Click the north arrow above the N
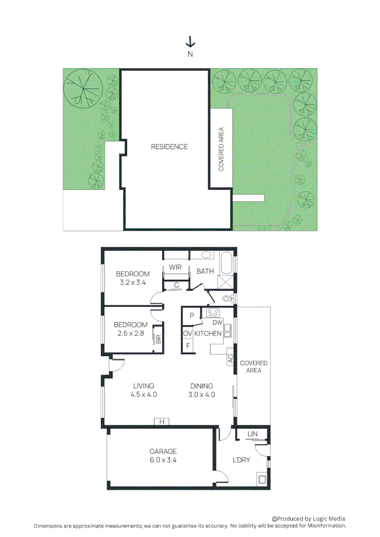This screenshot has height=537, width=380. [190, 42]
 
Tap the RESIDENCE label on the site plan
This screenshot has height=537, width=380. [169, 147]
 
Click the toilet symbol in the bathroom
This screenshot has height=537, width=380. [227, 299]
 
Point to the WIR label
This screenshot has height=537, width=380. [175, 268]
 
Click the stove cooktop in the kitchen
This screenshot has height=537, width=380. [213, 313]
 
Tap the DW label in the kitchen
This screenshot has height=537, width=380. [217, 323]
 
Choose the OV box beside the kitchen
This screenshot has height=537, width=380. [188, 333]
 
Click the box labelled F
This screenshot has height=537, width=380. [188, 345]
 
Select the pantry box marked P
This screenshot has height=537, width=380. [191, 316]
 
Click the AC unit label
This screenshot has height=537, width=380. [230, 358]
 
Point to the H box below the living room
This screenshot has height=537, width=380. [161, 422]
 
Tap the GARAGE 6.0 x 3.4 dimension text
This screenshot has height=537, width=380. [163, 460]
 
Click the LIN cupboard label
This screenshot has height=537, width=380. [253, 434]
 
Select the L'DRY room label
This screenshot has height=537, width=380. [241, 460]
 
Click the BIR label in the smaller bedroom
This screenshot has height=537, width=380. [158, 339]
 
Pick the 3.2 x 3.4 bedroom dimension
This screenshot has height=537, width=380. [132, 282]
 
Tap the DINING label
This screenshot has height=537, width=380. [202, 386]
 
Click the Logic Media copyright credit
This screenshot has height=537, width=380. [308, 519]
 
